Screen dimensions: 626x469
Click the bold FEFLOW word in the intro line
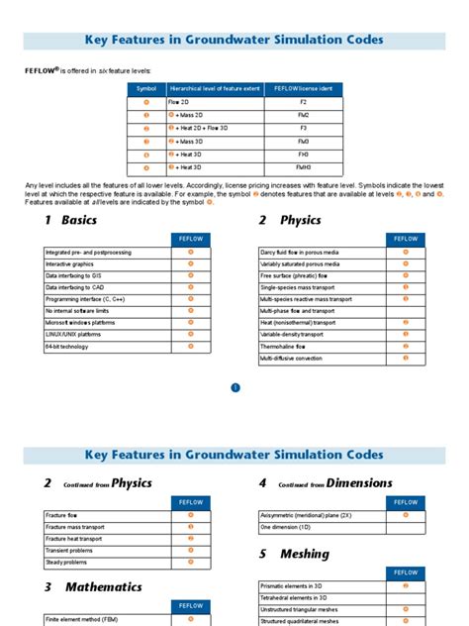pyautogui.click(x=42, y=71)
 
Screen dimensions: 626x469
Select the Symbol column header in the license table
pyautogui.click(x=146, y=89)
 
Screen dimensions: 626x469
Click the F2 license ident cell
pyautogui.click(x=303, y=102)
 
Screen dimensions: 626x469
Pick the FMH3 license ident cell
pyautogui.click(x=303, y=166)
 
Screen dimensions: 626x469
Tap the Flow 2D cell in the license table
pyautogui.click(x=182, y=102)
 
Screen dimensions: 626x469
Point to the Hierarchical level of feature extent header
pyautogui.click(x=215, y=89)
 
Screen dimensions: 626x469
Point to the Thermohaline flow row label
pyautogui.click(x=287, y=347)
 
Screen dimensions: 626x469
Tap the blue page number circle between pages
pyautogui.click(x=235, y=387)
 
